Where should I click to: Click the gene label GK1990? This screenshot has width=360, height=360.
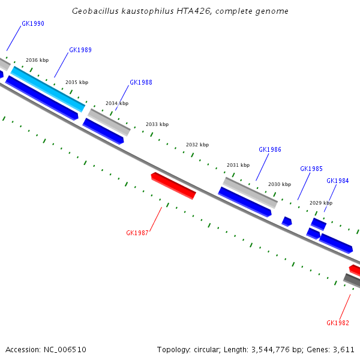point(32,24)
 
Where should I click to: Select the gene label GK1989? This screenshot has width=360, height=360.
point(80,50)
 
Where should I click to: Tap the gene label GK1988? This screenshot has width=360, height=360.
point(141,83)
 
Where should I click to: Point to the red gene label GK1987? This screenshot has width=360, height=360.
point(137,233)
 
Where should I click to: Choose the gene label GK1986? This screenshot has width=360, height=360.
point(270,150)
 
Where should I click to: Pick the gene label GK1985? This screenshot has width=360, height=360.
point(311,169)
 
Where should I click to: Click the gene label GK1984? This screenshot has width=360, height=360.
point(338,181)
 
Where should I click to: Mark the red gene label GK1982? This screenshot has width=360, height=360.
point(338,323)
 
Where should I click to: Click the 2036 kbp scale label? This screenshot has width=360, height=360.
point(37,61)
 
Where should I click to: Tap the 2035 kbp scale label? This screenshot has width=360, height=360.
point(77,82)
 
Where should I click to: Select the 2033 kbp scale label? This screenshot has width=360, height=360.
point(157,125)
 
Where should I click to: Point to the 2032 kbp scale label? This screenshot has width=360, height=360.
point(197,145)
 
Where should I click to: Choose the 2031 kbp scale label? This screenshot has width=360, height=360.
point(238,165)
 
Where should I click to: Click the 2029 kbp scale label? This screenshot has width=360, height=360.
point(321,203)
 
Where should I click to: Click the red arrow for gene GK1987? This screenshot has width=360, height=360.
point(173,185)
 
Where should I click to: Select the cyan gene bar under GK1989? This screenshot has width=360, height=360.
point(48,89)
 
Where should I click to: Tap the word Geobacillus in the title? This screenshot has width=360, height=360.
point(95,11)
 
